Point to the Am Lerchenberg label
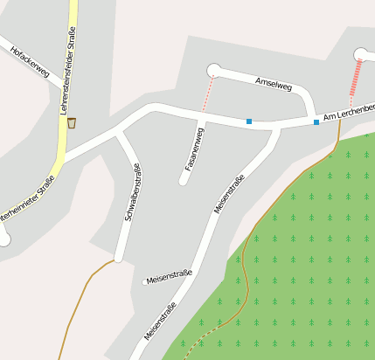348,112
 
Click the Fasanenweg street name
194,148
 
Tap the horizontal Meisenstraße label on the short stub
170,278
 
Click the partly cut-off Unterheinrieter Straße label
26,199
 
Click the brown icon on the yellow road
72,122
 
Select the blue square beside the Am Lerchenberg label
316,122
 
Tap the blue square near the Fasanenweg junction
249,121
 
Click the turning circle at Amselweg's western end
213,70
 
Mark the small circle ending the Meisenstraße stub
145,282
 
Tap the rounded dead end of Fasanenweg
184,182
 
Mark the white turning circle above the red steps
360,54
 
